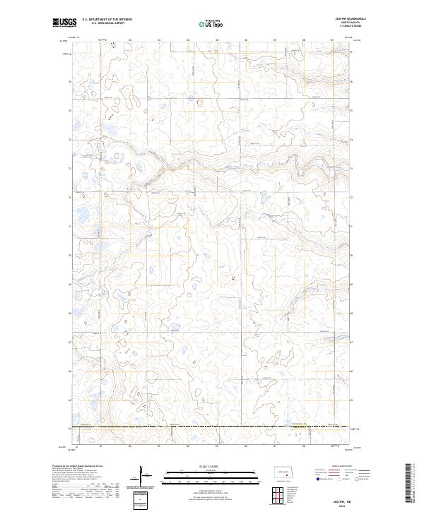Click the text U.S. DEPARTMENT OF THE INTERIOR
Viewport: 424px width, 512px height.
click(107, 20)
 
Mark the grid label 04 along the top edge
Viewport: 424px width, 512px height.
click(187, 40)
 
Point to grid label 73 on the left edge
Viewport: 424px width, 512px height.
click(69, 169)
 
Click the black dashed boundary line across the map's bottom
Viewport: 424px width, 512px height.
click(212, 427)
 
